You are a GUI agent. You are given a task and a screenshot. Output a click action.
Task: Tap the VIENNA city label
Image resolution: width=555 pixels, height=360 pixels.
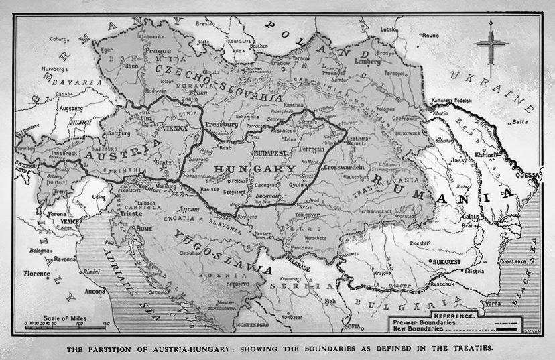coord(175,127)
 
